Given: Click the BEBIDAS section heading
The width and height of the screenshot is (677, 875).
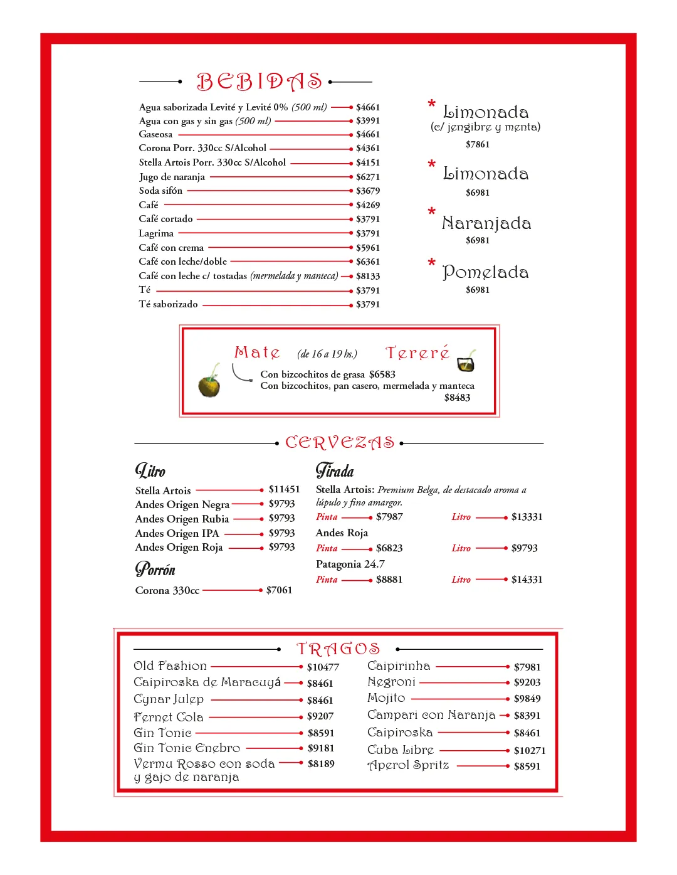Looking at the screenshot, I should point(260,82).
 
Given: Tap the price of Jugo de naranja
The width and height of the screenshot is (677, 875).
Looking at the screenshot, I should point(368,177).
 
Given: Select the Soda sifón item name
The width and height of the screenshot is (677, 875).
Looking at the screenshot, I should point(160,191).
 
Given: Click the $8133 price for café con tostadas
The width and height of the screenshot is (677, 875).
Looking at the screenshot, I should point(368,276).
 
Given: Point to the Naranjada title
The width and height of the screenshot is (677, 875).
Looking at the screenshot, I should point(486,223).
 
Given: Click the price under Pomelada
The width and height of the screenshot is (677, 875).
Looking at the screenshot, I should point(478,290).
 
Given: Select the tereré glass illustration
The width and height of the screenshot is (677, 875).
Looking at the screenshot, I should point(466,361).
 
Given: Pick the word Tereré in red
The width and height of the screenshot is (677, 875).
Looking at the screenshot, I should point(417,353).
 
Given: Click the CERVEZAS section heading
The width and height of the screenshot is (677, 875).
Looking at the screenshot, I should point(340,443).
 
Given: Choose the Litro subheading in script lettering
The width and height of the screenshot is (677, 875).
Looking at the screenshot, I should point(150,470).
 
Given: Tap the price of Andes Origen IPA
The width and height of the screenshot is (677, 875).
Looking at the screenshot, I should point(281,533).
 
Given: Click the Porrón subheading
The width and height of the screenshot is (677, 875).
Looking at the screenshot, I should point(155,570).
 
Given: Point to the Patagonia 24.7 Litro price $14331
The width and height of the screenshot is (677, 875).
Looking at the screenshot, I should point(527,580).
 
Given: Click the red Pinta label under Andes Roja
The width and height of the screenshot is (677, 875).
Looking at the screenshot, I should point(327,548).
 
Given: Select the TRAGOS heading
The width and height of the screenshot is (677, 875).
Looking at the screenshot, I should point(338,649).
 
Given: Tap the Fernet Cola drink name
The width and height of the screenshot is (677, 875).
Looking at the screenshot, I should point(169,717).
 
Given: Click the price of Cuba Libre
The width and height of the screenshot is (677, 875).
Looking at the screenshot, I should point(530,750).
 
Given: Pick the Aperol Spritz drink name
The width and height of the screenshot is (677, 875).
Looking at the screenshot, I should point(408,765).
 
